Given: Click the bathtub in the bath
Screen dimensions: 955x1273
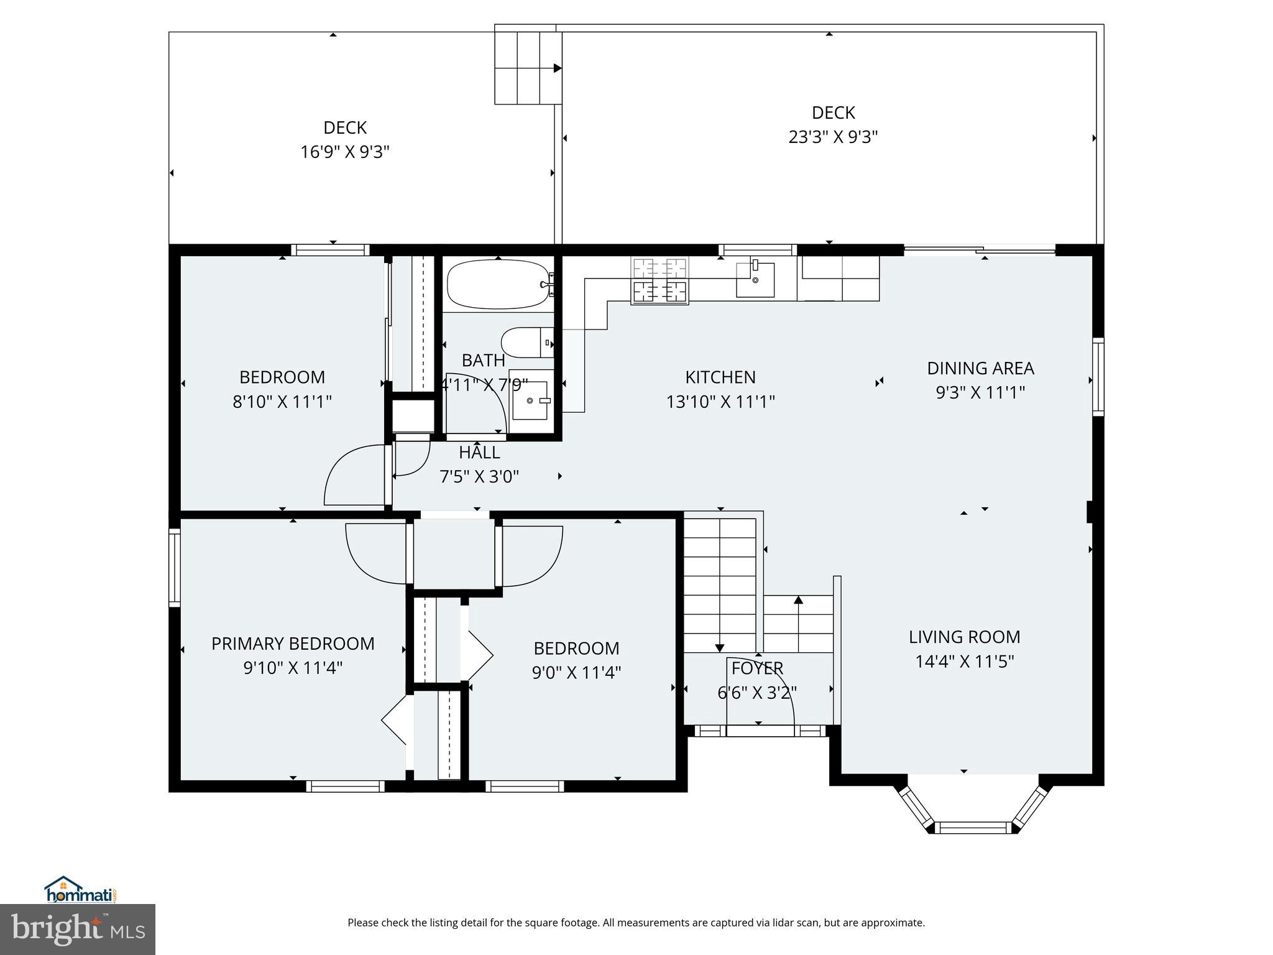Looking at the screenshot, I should click(497, 284).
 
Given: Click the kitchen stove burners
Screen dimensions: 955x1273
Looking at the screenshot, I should click(659, 280).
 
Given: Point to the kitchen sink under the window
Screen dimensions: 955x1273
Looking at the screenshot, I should click(755, 280).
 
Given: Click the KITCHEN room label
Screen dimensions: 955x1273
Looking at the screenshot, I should click(720, 377).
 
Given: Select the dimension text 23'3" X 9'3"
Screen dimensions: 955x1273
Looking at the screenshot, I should click(833, 137).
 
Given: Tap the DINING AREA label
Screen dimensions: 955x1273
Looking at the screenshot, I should click(980, 368).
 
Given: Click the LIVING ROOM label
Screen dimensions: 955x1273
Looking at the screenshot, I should click(964, 637).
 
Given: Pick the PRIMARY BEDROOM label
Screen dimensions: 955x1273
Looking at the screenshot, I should click(293, 644).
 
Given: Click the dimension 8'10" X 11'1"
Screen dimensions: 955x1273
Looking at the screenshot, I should click(282, 402).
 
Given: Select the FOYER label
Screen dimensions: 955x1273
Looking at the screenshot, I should click(757, 668).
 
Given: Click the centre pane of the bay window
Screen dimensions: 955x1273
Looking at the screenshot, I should click(973, 827).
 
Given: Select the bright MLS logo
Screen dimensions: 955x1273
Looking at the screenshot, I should click(78, 929).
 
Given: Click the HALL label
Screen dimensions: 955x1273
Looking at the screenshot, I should click(479, 452).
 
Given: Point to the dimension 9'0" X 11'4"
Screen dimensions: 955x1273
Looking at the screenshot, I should click(576, 673).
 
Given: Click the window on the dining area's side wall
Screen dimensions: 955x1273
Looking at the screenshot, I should click(1098, 377).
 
